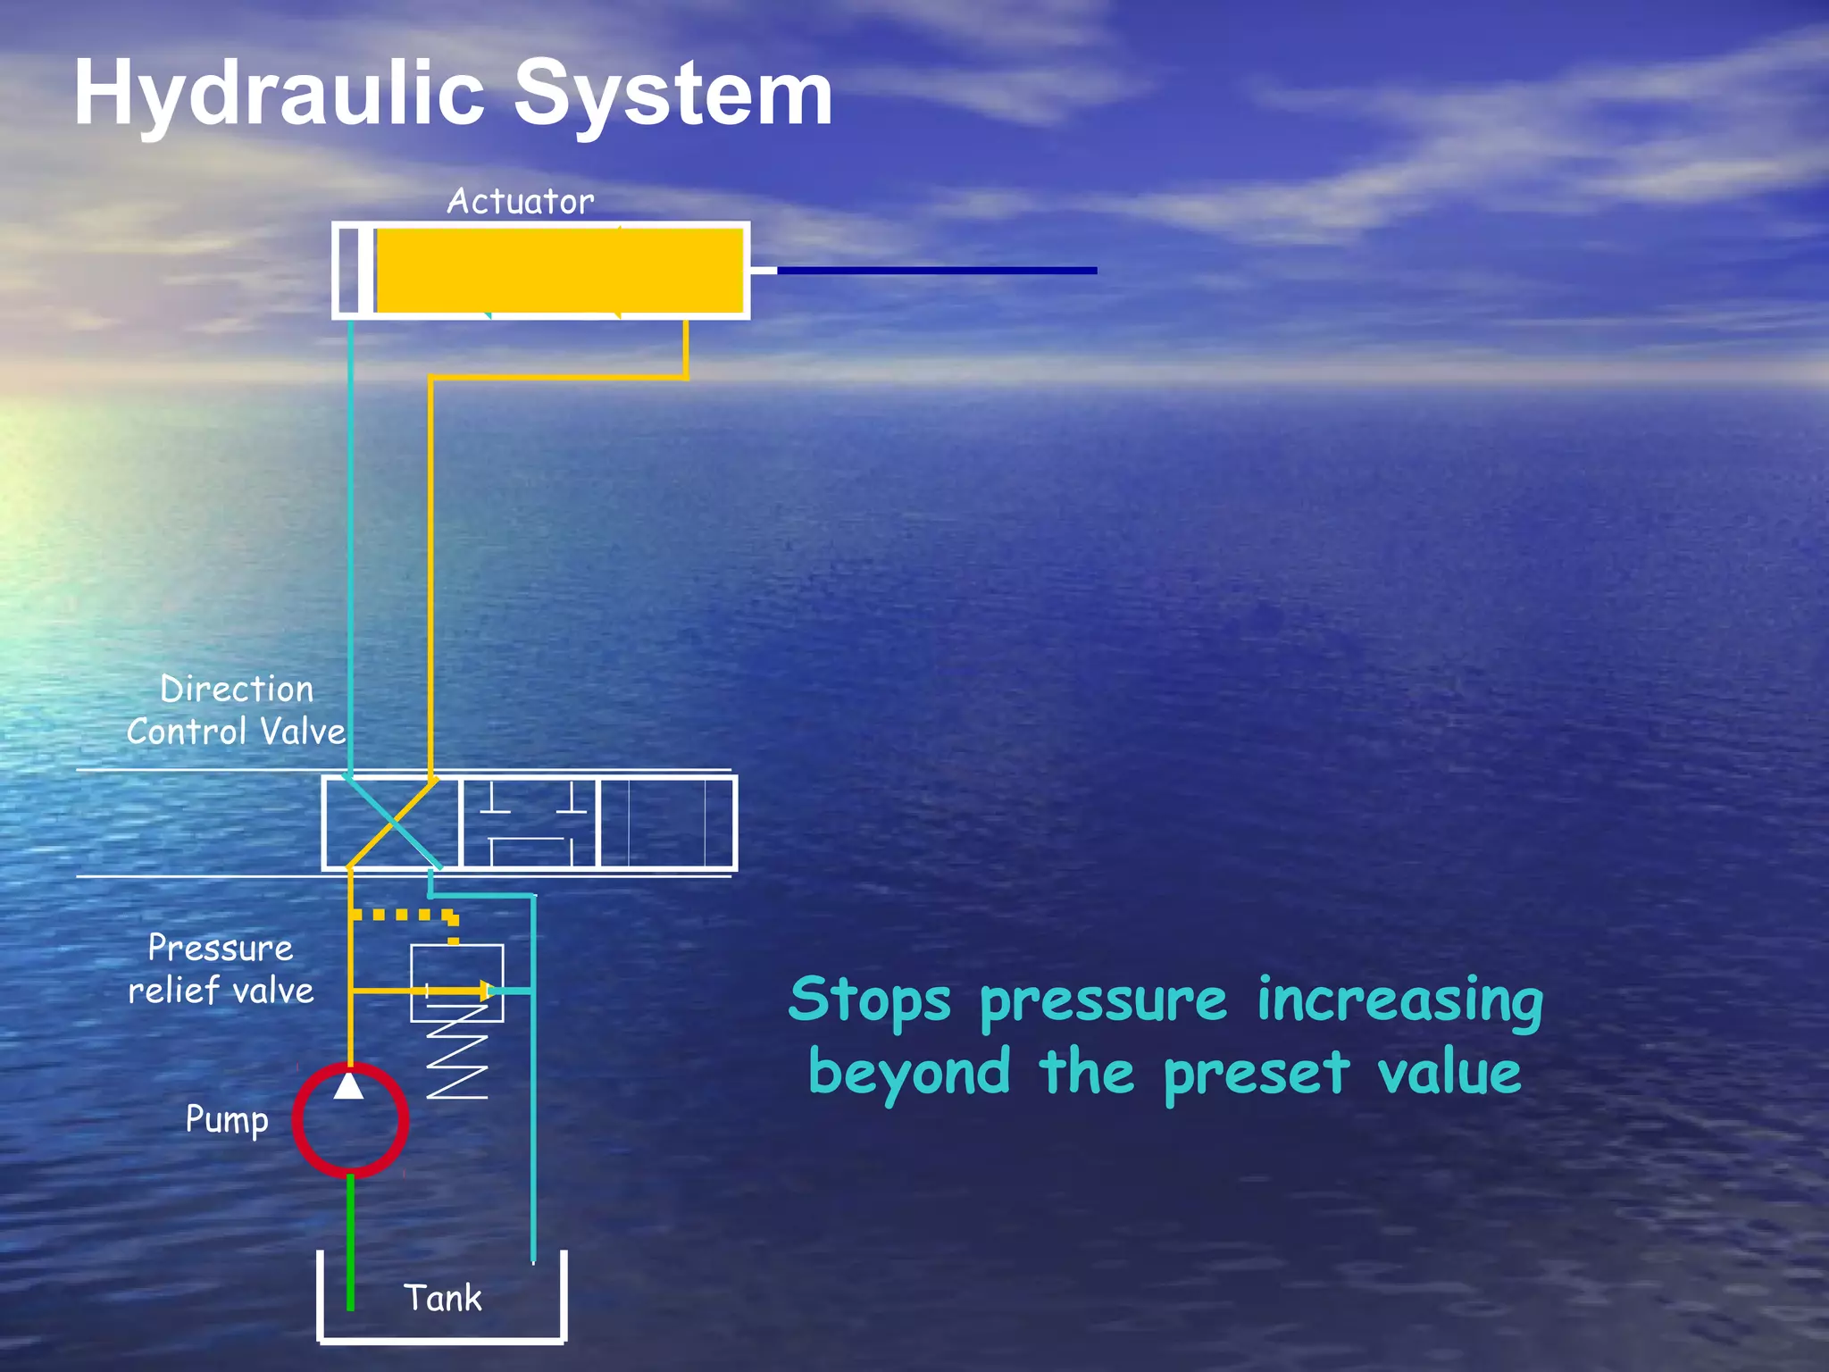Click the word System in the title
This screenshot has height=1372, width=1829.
point(673,93)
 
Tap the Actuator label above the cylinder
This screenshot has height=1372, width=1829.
point(520,202)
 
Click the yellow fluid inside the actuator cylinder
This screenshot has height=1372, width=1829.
point(559,271)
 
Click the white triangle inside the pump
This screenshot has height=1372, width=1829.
point(348,1086)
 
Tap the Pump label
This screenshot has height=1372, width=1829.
point(227,1119)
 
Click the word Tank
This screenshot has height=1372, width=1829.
point(442,1298)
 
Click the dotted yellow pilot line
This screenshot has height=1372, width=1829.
point(402,915)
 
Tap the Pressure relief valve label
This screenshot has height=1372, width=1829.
point(221,969)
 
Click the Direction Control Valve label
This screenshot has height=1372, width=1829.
point(236,711)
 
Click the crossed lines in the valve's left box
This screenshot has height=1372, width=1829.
point(391,823)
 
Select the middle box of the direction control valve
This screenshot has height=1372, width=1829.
point(529,823)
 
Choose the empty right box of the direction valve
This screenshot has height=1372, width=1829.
point(666,823)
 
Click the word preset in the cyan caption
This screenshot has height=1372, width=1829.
point(1257,1073)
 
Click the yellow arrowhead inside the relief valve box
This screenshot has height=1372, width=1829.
point(486,990)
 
